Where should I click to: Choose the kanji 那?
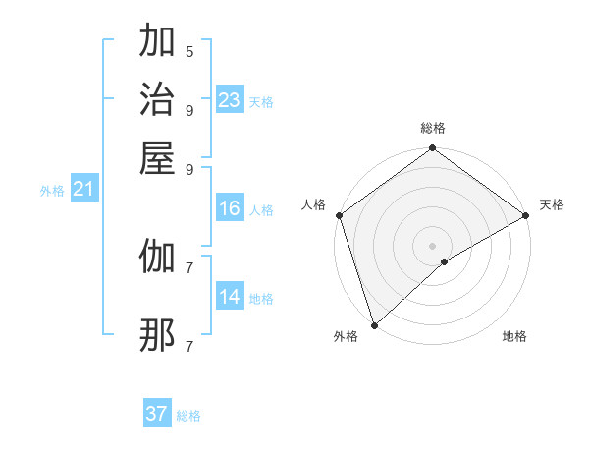click(157, 336)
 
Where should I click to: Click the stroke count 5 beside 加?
click(189, 51)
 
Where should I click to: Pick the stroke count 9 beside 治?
click(189, 109)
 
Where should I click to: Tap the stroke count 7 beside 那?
click(189, 346)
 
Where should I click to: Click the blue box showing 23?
click(229, 100)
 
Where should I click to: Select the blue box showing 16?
click(229, 208)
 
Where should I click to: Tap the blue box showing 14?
click(229, 297)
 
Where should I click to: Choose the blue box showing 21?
click(82, 189)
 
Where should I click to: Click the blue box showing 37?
click(157, 414)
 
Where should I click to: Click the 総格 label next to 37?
click(188, 416)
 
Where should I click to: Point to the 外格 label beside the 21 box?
click(51, 191)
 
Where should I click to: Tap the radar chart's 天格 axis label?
click(552, 204)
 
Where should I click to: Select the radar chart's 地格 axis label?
click(514, 336)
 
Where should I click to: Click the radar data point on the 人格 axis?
click(339, 215)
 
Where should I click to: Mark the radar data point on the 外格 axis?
click(374, 324)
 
